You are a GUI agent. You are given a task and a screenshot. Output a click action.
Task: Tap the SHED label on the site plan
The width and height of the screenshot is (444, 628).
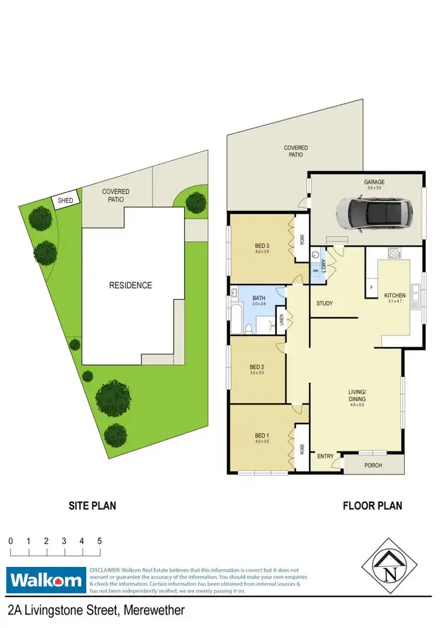click(65, 201)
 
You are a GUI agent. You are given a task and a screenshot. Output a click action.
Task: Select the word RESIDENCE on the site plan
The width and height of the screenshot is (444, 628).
click(130, 285)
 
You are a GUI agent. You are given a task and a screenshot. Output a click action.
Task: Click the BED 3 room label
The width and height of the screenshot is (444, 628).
click(262, 246)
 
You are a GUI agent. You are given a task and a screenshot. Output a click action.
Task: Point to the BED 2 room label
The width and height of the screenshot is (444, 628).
click(257, 366)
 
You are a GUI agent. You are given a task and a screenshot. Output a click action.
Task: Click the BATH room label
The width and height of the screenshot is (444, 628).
click(258, 298)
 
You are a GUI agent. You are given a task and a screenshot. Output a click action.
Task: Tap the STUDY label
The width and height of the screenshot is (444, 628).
click(324, 304)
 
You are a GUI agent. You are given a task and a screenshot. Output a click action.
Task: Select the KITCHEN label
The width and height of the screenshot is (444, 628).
click(394, 295)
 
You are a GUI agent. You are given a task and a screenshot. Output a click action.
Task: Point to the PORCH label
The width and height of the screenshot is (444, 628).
click(373, 466)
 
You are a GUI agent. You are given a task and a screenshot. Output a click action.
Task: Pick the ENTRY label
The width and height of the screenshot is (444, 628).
click(326, 456)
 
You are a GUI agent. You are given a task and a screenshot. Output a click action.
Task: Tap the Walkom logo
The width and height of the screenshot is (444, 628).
click(46, 579)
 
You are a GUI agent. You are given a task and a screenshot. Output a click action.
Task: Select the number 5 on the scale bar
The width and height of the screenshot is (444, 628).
click(99, 541)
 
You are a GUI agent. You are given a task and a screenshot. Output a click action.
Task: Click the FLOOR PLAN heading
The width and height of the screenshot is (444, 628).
click(372, 506)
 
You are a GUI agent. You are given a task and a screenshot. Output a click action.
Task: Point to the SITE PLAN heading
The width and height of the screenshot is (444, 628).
click(91, 506)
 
